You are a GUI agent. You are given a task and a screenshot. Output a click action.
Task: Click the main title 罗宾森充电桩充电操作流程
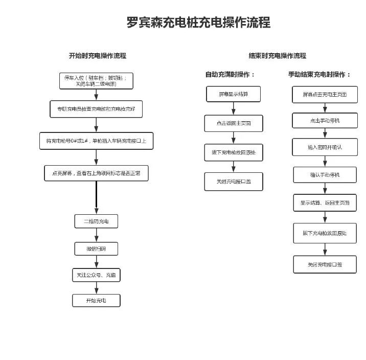coord(198,22)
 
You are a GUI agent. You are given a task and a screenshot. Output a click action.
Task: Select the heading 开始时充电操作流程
coord(98,56)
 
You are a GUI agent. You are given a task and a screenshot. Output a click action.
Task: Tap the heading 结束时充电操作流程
coord(278,56)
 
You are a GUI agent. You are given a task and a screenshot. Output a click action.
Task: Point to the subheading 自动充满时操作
coord(230,75)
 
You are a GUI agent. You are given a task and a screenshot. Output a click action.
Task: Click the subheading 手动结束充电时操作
coord(319,75)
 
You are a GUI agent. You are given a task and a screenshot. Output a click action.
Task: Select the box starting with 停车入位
coord(96,81)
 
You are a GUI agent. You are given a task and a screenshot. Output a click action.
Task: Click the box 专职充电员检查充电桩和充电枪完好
coord(96,109)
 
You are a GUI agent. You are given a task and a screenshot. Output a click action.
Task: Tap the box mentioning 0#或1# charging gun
coord(96,141)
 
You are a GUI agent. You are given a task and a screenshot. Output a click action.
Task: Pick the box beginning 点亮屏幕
coord(96,173)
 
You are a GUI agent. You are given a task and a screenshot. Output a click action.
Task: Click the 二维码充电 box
coord(96,221)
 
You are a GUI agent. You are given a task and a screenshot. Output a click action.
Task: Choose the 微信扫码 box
coord(96,249)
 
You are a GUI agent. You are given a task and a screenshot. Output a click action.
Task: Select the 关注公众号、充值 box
coord(96,275)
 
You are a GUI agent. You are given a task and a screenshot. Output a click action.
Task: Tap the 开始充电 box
coord(96,300)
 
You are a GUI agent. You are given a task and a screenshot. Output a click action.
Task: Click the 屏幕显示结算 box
coord(234,94)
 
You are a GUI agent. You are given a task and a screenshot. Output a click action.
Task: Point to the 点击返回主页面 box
coord(234,123)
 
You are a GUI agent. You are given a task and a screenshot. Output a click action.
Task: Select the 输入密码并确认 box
coord(325,147)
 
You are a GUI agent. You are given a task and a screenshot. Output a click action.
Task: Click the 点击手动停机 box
coord(325,121)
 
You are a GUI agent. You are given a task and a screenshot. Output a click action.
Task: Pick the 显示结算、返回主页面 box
coord(325,202)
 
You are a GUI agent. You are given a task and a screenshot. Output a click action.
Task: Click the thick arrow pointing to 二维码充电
coord(96,197)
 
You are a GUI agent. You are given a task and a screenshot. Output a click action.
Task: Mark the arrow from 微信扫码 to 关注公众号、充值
coord(96,262)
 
